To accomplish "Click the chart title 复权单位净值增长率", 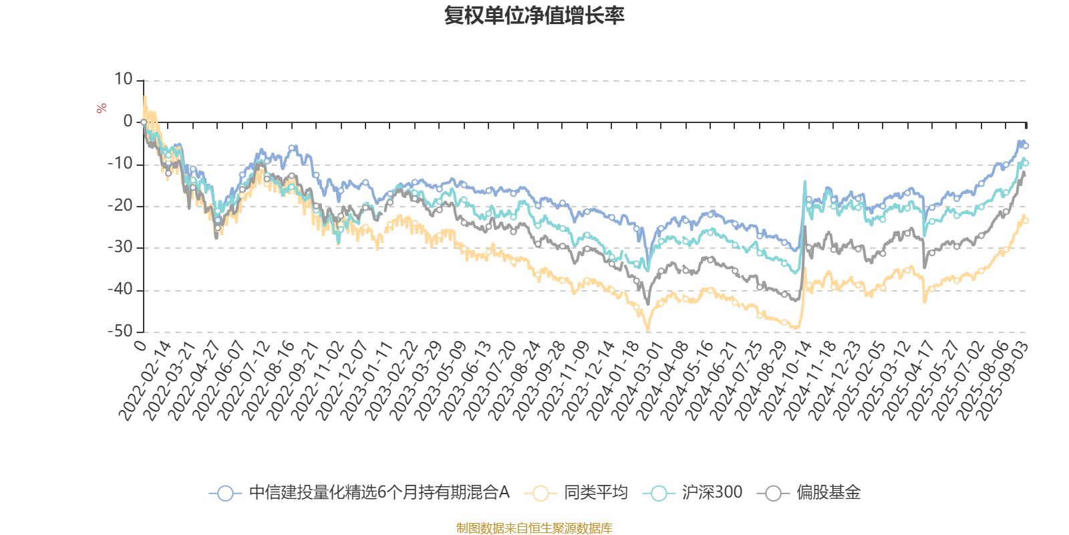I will point(534,15).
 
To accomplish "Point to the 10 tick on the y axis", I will point(124,80).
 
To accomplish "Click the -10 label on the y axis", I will point(120,164).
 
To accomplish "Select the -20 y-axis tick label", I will point(120,205).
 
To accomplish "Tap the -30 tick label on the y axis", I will point(120,247).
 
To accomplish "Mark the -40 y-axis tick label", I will point(120,290).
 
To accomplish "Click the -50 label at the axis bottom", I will point(120,331).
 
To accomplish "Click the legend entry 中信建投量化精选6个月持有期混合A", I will point(379,493).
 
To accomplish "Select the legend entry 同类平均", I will point(595,493).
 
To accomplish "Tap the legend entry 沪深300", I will point(712,493).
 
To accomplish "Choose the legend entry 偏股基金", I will point(828,493).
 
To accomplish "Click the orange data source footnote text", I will point(534,528).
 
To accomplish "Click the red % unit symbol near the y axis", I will point(102,108).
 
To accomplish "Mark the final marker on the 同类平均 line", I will point(1026,221).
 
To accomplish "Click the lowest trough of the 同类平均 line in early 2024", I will point(647,330).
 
